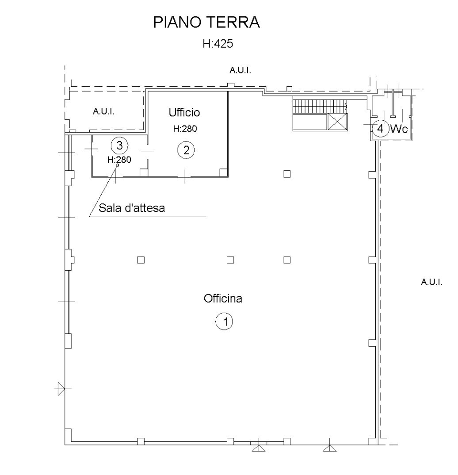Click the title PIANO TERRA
206,23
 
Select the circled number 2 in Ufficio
186,150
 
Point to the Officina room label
223,299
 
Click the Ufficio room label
184,113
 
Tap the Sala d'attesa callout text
132,208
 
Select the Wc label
398,129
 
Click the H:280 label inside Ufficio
185,130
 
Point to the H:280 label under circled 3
119,160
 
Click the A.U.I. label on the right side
431,282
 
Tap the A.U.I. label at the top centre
240,70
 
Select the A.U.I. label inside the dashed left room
103,111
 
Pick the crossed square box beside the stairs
337,122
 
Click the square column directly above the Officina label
230,260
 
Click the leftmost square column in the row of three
141,260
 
